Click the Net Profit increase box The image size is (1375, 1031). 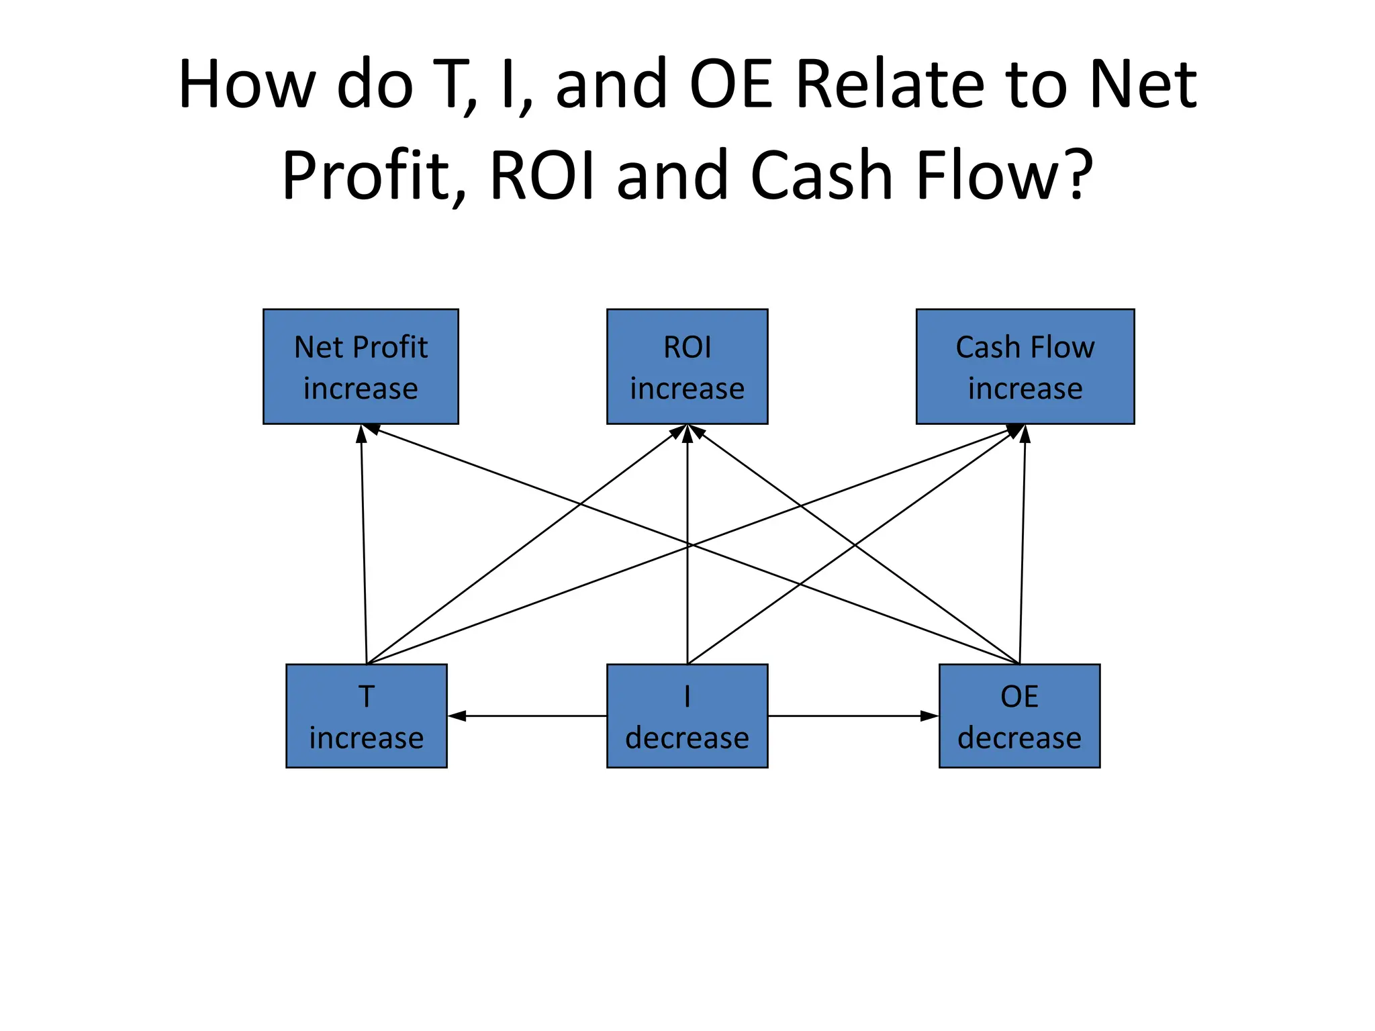361,366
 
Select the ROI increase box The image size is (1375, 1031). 687,366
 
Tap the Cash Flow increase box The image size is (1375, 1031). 1025,366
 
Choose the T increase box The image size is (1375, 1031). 366,716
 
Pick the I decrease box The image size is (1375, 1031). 687,716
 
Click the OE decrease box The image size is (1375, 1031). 1018,716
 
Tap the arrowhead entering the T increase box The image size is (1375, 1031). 457,716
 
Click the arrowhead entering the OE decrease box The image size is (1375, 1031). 929,716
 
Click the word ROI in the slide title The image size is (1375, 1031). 542,175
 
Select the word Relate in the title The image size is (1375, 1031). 890,85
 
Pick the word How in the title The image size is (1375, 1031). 246,85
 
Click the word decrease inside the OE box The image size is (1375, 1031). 1018,738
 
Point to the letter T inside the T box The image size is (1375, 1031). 366,697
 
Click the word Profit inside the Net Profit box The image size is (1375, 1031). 390,347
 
